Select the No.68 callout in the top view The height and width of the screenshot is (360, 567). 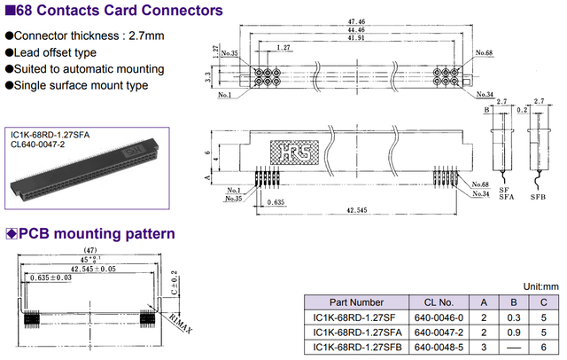[484, 53]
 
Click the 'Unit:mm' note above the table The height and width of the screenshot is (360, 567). [540, 286]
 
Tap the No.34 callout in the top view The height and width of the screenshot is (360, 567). [484, 93]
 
